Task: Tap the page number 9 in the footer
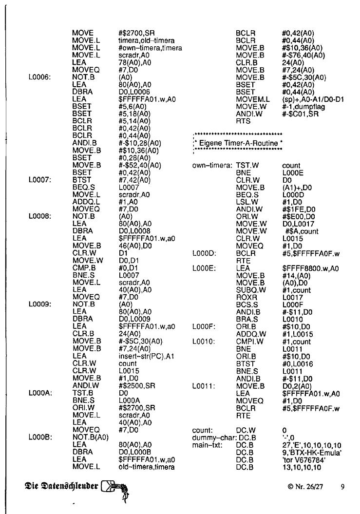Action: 343,486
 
